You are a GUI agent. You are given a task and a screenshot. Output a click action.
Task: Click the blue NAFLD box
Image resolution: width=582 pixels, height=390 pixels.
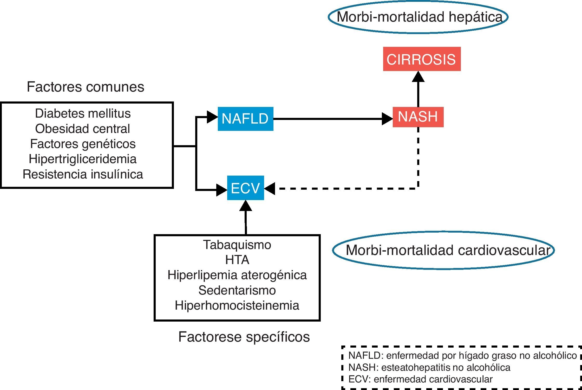(245, 119)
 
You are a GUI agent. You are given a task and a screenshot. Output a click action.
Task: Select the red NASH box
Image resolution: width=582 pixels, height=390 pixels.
(418, 117)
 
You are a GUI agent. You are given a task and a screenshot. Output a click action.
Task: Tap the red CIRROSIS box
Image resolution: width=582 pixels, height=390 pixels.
(422, 59)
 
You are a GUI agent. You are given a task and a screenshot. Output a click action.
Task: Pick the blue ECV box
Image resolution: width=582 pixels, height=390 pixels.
(245, 188)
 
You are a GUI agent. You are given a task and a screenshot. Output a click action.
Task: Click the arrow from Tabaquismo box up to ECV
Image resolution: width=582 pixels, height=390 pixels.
(246, 219)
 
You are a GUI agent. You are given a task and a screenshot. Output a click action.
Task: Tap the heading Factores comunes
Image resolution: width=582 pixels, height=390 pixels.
(86, 87)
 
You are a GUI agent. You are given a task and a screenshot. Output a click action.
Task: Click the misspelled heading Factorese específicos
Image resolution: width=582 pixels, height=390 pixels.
(244, 337)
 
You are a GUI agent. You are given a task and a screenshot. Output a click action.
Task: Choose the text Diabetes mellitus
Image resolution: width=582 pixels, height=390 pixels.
(83, 113)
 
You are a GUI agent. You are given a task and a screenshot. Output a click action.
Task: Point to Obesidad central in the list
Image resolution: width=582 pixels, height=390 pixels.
(83, 129)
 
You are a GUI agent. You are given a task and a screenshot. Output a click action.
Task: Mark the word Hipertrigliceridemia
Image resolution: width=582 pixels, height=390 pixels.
(83, 159)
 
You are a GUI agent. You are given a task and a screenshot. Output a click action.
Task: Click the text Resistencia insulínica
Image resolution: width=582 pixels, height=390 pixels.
(83, 174)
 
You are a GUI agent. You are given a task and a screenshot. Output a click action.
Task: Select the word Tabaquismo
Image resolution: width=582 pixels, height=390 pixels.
(237, 245)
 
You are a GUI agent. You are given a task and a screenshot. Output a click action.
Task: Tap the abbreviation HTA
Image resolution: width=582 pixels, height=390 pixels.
(237, 260)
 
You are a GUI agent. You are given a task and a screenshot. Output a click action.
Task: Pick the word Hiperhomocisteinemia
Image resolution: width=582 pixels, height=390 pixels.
(237, 305)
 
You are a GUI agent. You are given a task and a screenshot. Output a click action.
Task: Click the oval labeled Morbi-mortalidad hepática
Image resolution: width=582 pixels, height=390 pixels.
(418, 17)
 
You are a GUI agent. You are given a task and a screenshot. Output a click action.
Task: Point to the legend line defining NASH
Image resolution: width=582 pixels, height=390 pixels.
(429, 367)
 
